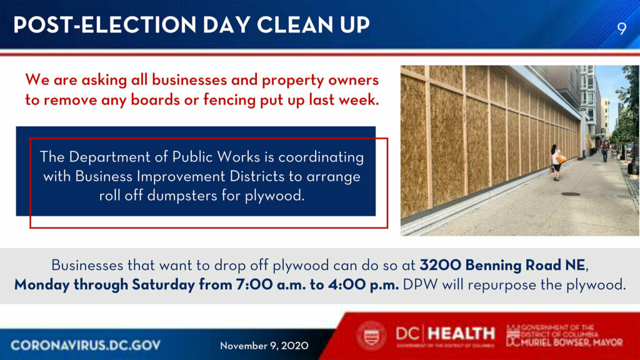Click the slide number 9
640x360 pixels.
click(622, 29)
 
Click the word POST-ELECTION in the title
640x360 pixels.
click(105, 25)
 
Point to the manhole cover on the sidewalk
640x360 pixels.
click(571, 194)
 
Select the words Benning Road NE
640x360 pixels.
click(525, 265)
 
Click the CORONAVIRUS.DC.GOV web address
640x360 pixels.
click(86, 345)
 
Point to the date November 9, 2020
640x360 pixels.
click(264, 346)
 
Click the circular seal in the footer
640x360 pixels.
click(371, 336)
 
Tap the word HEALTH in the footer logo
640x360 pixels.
click(462, 334)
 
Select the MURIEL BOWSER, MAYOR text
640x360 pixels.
click(571, 342)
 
